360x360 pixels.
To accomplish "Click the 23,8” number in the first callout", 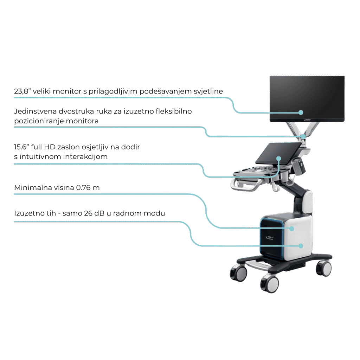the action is [x=22, y=91].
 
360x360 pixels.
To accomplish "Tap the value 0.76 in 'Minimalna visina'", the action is [x=83, y=188].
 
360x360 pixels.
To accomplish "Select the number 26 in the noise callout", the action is [x=88, y=213].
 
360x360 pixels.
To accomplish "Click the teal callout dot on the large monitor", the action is [x=301, y=112].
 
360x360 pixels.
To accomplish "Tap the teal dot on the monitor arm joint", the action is [x=303, y=137].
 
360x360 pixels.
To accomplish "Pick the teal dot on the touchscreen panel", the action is [x=279, y=159].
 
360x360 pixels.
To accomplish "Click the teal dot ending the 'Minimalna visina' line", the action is [x=291, y=229].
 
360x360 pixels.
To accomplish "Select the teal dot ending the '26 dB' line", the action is [x=301, y=246].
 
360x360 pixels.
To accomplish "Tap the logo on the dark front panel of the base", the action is [x=270, y=238].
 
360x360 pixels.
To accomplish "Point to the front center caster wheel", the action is [x=270, y=284].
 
